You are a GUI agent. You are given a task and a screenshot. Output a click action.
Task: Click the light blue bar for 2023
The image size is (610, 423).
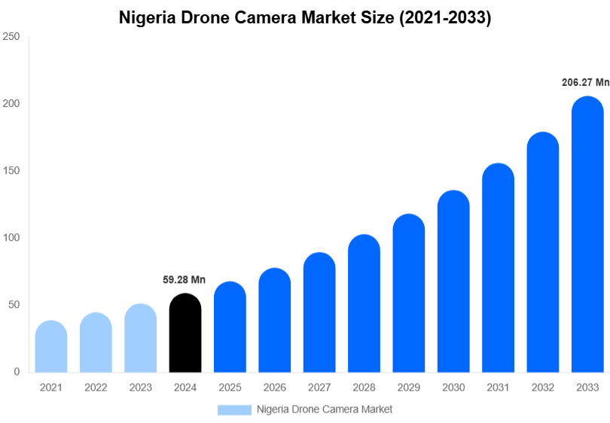141,338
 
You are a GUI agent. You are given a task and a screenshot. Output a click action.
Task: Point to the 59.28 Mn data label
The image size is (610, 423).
184,280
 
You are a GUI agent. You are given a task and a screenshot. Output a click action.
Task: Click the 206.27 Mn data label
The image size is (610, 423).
585,83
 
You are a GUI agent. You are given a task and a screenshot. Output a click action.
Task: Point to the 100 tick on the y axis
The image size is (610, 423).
11,238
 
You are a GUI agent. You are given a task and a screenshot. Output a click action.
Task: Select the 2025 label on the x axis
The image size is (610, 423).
230,388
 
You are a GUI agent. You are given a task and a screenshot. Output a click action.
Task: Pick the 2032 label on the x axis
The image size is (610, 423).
542,388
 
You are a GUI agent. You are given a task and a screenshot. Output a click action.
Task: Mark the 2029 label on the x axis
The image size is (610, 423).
408,388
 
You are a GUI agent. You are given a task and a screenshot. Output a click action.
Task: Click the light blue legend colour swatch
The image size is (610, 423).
234,409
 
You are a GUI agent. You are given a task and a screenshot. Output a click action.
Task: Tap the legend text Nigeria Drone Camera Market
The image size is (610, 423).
325,409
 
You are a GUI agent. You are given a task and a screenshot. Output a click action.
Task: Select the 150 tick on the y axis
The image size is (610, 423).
11,171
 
